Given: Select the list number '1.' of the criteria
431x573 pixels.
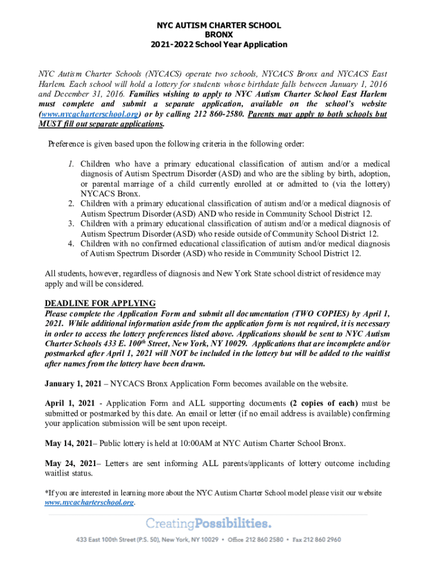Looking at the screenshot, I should [71, 164].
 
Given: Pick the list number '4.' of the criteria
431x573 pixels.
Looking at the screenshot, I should [71, 244].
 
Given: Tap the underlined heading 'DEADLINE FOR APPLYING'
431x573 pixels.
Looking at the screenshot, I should [100, 304].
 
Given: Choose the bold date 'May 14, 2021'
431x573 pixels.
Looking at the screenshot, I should [68, 443].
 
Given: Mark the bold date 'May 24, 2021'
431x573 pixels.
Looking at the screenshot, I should [68, 463].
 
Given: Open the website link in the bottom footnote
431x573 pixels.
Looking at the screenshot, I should [89, 502].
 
